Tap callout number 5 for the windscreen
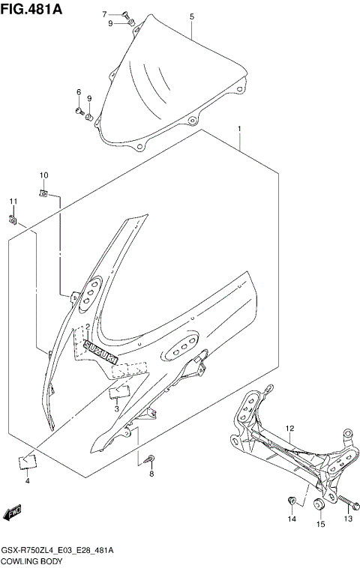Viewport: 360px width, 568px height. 191,16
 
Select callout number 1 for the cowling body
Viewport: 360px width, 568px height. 239,129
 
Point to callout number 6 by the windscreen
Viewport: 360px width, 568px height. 77,92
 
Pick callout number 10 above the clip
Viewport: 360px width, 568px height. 43,175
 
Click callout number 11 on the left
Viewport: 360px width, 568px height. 12,202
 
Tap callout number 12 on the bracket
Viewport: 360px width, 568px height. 290,428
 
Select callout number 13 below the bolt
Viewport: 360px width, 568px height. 348,519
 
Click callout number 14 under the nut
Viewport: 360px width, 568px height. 292,519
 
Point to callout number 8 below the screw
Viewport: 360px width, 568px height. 151,474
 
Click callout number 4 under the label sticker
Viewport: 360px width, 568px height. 27,480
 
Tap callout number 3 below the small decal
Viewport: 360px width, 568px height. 116,409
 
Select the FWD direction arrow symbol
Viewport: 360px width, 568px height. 13,513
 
